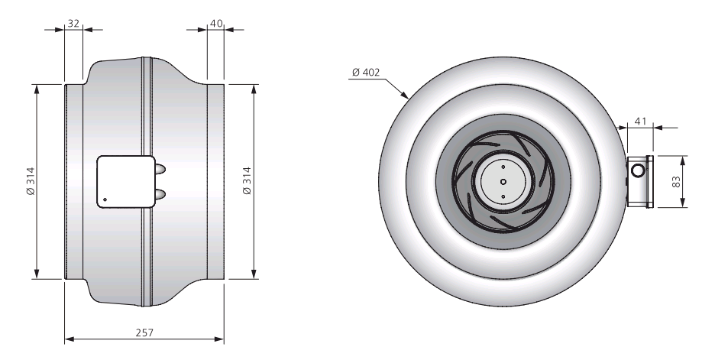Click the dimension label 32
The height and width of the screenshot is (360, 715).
tap(73, 23)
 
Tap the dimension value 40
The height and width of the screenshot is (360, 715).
tap(217, 23)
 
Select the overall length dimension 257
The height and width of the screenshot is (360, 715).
tap(144, 332)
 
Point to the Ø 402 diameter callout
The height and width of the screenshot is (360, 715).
tap(366, 72)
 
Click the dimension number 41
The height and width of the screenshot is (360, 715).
tap(641, 122)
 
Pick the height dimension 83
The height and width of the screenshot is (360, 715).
tap(676, 182)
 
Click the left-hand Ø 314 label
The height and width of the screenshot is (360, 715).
tap(31, 181)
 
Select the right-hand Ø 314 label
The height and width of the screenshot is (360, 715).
tap(247, 181)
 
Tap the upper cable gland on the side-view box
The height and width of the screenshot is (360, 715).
tap(160, 169)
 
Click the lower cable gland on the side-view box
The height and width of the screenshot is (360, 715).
tap(160, 195)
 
